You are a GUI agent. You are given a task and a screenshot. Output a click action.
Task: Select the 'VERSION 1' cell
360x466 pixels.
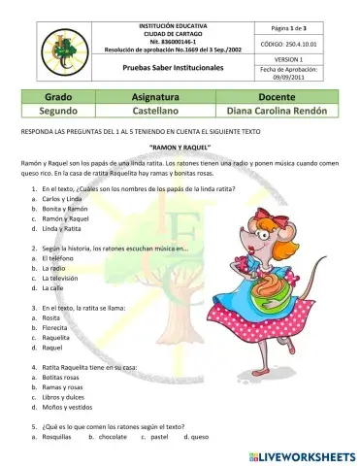(x=285, y=59)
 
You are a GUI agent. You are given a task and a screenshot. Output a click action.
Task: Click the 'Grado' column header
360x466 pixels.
(x=59, y=98)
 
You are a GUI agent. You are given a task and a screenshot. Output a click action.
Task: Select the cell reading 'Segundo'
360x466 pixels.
(x=59, y=113)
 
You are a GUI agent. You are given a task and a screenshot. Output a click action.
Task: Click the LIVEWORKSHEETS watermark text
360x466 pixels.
(x=302, y=454)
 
